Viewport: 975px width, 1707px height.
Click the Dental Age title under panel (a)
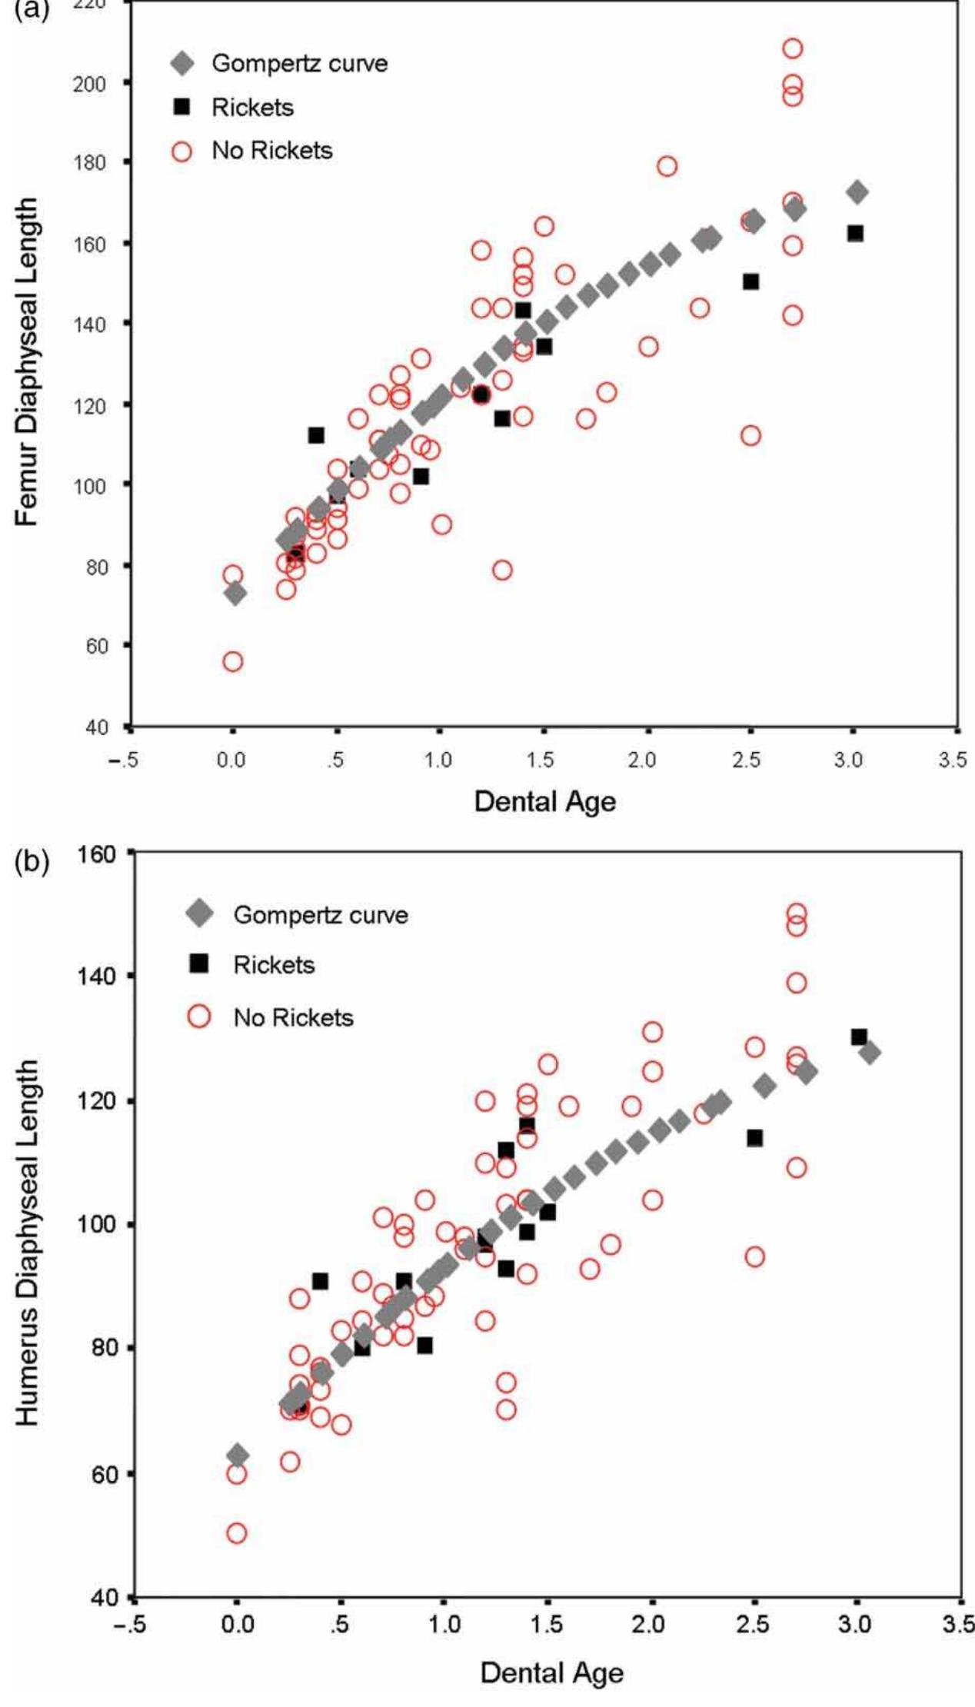click(544, 802)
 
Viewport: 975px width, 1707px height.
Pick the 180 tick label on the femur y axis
click(90, 163)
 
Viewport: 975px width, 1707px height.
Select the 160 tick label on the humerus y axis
click(98, 854)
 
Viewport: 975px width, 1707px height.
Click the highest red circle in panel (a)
click(792, 48)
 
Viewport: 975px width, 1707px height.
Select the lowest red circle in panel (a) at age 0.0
click(233, 661)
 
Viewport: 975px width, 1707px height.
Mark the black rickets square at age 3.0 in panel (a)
click(855, 233)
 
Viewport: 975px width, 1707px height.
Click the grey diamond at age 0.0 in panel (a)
click(235, 593)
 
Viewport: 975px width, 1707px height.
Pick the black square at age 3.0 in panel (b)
click(859, 1037)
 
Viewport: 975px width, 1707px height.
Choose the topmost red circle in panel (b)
click(797, 913)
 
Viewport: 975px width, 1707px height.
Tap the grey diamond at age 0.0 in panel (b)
click(238, 1455)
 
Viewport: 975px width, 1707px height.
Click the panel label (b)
click(32, 862)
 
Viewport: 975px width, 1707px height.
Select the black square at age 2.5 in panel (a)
click(750, 281)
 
